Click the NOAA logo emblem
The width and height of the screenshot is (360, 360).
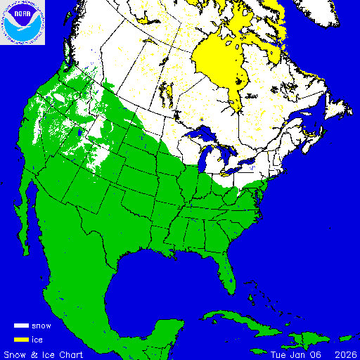coord(22,22)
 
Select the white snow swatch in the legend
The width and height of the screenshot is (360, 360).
coord(21,326)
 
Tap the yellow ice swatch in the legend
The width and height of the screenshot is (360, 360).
coord(21,339)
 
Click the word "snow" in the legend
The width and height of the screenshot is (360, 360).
coord(41,326)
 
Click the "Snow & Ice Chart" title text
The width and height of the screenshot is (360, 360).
coord(44,354)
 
